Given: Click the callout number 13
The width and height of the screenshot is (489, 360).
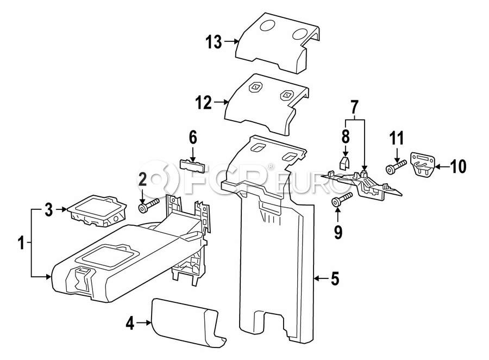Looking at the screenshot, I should pos(214,41).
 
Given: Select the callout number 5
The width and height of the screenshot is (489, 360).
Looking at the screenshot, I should pos(335,279).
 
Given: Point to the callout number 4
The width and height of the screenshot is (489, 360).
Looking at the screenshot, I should pos(129,324).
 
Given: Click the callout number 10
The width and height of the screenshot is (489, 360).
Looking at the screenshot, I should pos(458,166).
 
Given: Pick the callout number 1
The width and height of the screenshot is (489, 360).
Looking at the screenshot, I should pos(21,243).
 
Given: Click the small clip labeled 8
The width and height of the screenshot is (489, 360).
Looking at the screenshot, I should pos(343,162).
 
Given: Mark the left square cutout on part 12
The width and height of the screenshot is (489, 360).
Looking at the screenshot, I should pos(255,87).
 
